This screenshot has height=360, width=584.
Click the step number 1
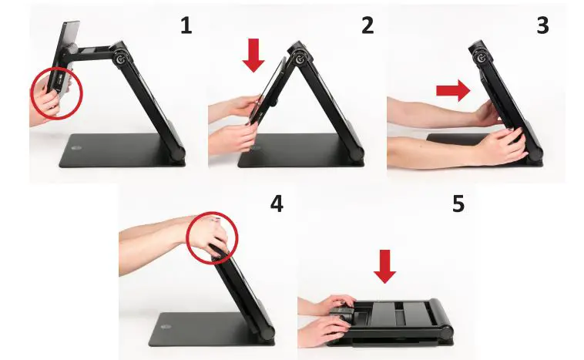point(185,25)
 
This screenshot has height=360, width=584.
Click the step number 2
point(366,25)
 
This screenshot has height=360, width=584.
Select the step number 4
point(276,205)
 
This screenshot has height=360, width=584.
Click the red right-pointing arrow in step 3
point(452,92)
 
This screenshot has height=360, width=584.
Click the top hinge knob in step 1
point(122,57)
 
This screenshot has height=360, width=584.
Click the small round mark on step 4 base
point(166,327)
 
